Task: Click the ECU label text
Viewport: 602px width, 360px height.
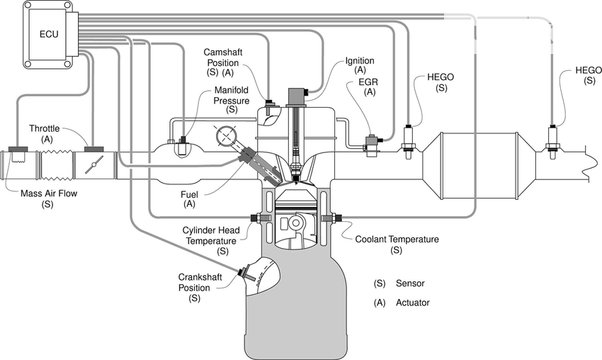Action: [x=49, y=34]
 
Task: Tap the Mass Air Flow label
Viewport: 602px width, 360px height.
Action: [x=49, y=193]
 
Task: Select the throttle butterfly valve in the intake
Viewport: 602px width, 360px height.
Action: [x=94, y=165]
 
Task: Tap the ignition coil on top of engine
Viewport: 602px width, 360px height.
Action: [x=296, y=97]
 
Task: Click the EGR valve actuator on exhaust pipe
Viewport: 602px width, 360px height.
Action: [x=372, y=145]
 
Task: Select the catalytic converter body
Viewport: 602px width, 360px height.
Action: [x=478, y=166]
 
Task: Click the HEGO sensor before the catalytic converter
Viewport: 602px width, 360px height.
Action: [x=408, y=142]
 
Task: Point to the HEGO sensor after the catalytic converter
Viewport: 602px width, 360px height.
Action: [x=553, y=142]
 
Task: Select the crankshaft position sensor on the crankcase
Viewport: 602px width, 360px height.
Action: [x=246, y=275]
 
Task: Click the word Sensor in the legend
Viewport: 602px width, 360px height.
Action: [x=410, y=284]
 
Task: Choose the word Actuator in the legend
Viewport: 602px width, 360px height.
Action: [x=413, y=302]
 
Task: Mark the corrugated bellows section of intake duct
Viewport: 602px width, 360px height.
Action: [x=56, y=165]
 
